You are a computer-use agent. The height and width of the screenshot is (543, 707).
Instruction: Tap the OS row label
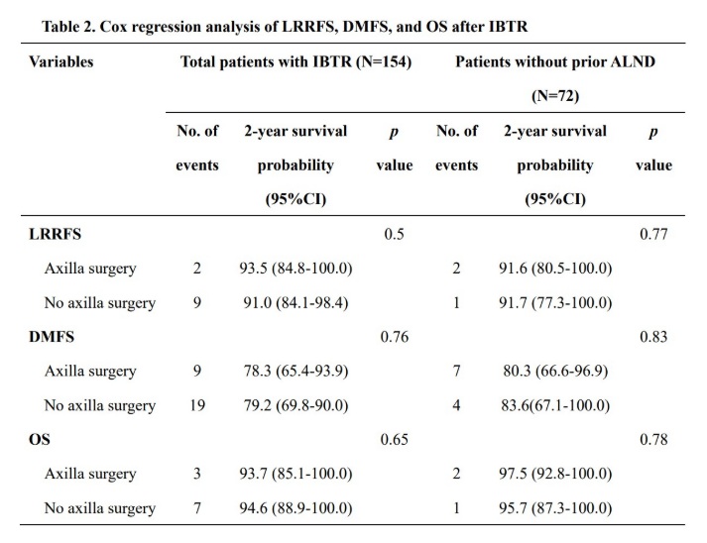(x=40, y=440)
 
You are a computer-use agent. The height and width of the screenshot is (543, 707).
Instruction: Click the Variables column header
(x=61, y=61)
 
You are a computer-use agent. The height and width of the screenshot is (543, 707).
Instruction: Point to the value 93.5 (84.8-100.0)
(x=295, y=269)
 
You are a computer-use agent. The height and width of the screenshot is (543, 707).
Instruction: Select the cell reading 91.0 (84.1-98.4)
(x=295, y=303)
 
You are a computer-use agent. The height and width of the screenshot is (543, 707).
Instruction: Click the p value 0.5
(x=395, y=235)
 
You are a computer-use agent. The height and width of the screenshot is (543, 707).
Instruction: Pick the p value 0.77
(x=652, y=235)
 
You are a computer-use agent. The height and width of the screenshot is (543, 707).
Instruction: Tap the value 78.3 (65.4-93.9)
(x=295, y=372)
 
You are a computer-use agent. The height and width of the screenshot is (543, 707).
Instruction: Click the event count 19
(x=196, y=405)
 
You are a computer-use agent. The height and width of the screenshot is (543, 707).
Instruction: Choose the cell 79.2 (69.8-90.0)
(x=295, y=405)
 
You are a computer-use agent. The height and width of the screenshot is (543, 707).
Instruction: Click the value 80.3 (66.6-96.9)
(x=554, y=372)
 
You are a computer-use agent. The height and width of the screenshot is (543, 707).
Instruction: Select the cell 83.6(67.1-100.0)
(x=554, y=405)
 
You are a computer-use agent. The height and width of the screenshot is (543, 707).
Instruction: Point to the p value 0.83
(x=652, y=337)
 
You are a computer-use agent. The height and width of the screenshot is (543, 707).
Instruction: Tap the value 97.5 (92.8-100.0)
(x=554, y=474)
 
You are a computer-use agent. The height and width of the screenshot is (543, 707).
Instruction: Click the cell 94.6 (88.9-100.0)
(x=295, y=508)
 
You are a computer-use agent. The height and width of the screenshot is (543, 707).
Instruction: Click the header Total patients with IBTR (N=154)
(x=295, y=61)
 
